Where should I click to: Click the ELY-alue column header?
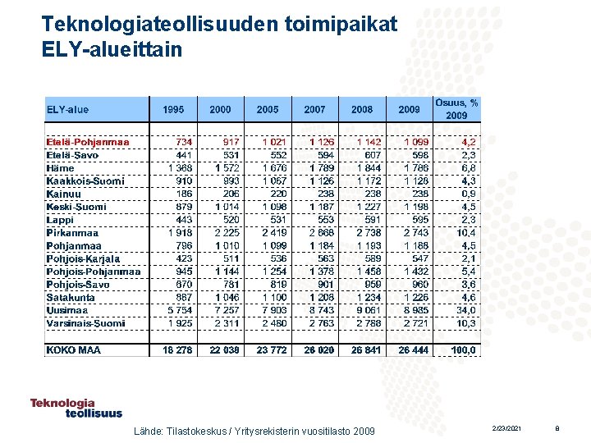coord(67,110)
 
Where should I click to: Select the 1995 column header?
coord(173,110)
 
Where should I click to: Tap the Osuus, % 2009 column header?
coord(457,109)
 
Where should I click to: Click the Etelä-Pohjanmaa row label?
coord(88,142)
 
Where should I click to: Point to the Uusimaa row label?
coord(67,310)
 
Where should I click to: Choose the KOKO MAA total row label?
coord(74,349)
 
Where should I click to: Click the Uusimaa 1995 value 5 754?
coord(180,310)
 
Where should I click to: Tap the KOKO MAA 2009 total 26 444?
coord(414,349)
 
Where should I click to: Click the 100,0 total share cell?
coord(463,349)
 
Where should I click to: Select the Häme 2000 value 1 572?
coord(227,168)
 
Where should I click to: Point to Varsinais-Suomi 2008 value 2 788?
coord(368,323)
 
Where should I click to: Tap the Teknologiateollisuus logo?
coord(76,408)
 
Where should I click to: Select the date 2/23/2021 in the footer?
coord(506,429)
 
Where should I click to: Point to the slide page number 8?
coord(557,429)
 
